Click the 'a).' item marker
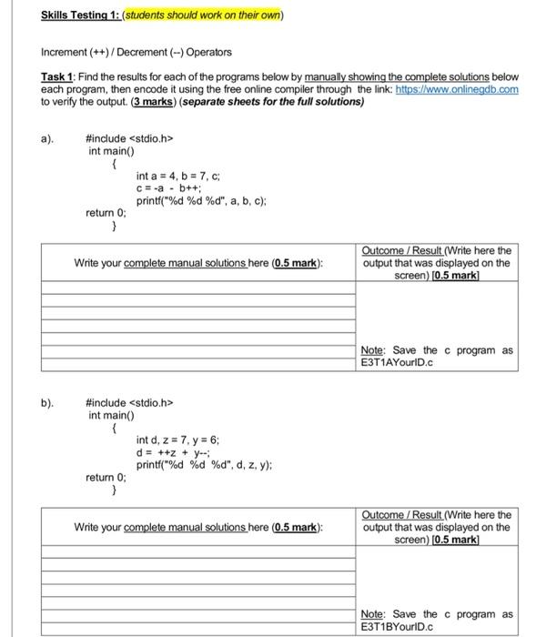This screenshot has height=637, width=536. (50, 139)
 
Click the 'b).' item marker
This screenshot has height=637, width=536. (50, 401)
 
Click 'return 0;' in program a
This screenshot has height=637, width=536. (106, 214)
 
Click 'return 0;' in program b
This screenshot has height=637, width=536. (106, 477)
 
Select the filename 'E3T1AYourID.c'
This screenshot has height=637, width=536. (399, 362)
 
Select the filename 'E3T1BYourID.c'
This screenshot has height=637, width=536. (399, 626)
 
